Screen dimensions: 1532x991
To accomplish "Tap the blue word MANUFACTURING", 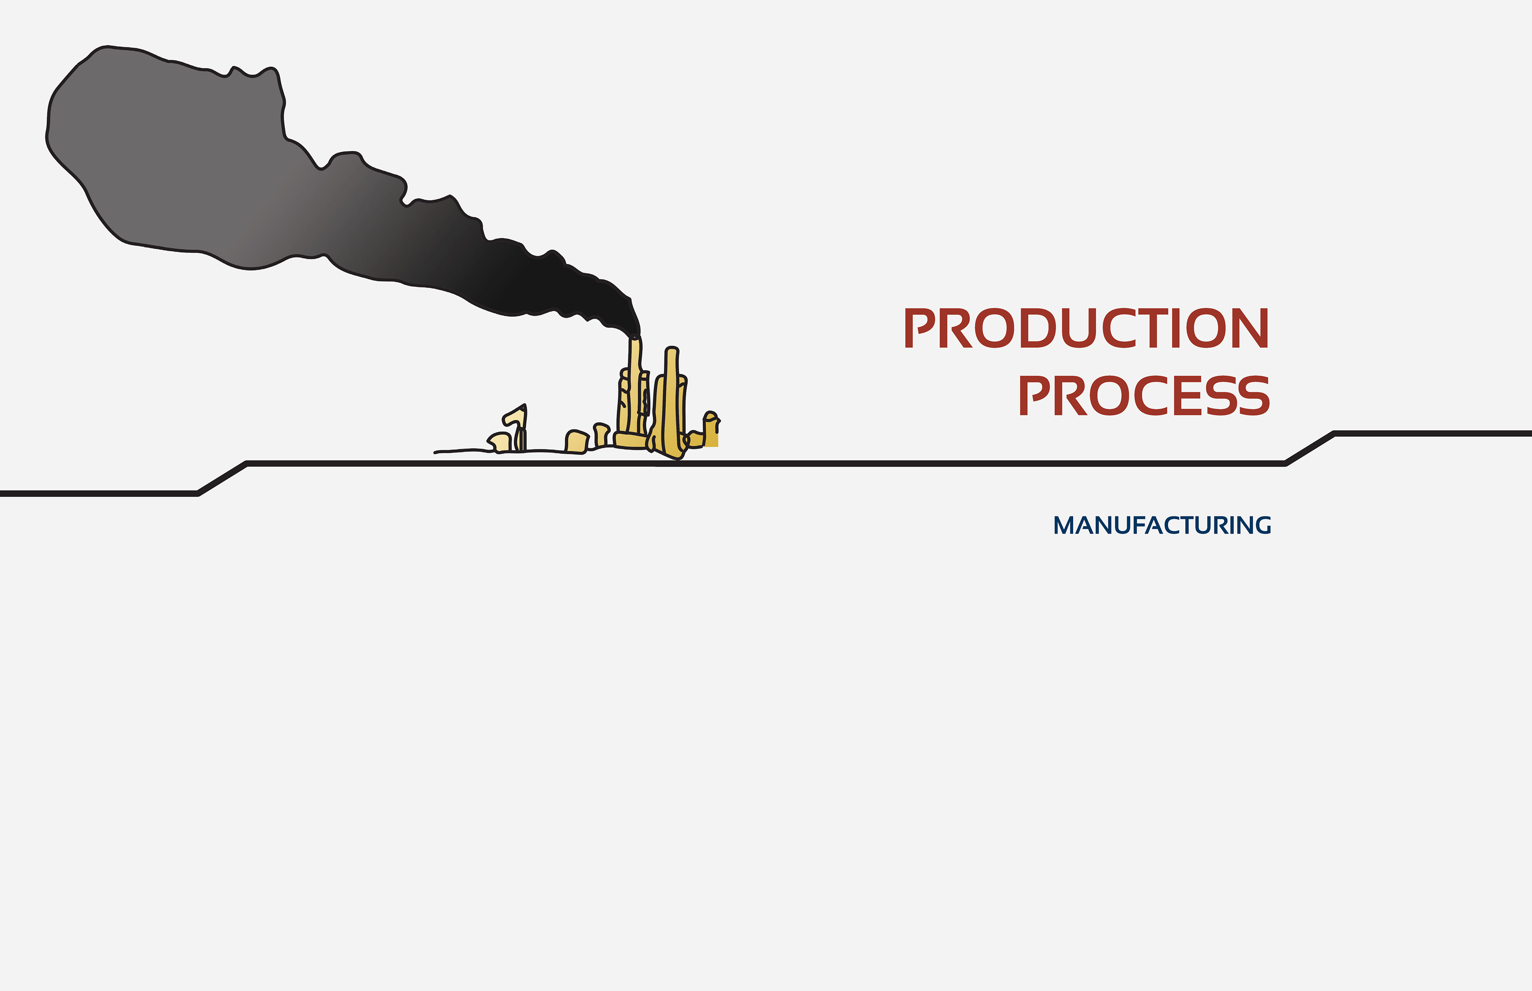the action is [1162, 525].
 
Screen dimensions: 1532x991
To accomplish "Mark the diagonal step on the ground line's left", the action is [222, 478].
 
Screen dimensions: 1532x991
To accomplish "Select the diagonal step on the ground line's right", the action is [1310, 448].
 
